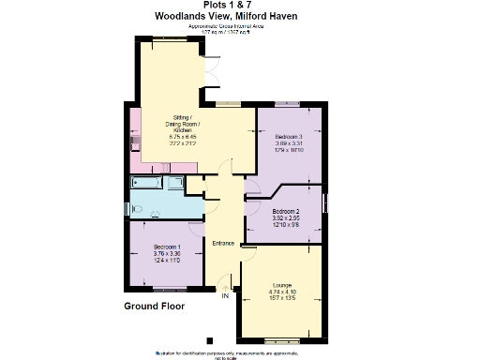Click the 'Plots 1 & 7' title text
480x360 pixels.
(240, 5)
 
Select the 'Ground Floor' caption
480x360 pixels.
(154, 307)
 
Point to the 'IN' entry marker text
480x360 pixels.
(225, 296)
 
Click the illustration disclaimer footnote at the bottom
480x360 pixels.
(240, 354)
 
